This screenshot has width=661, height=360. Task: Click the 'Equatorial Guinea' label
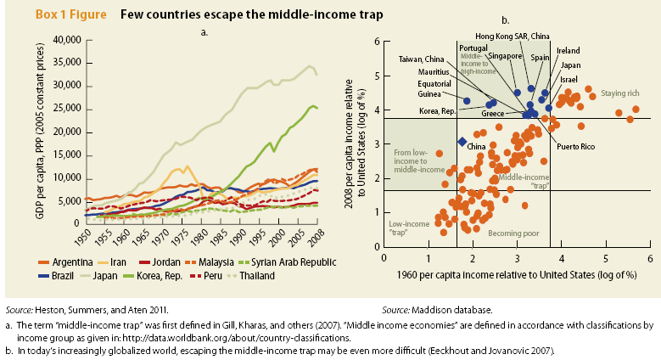coord(435,88)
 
